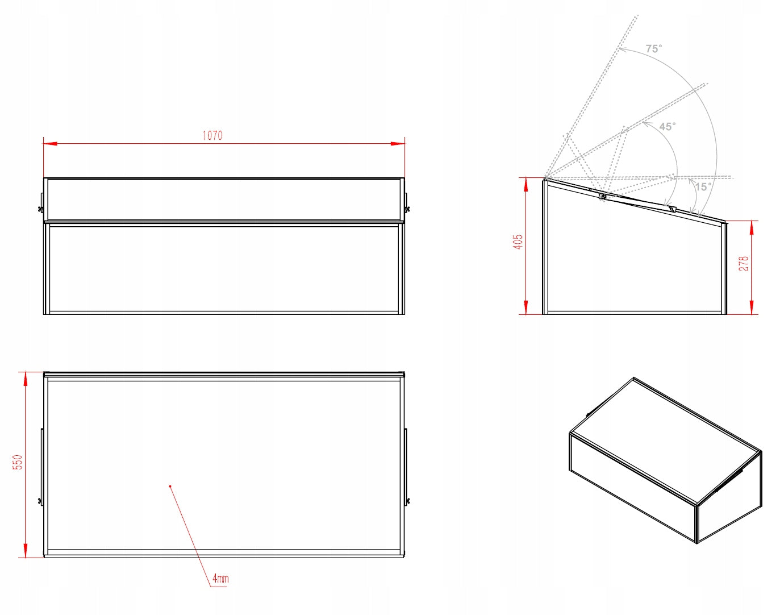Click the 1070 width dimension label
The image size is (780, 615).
[x=212, y=136]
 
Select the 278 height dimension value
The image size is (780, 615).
[x=744, y=263]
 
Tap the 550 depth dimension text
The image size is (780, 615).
[x=18, y=462]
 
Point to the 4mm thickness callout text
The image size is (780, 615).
[x=220, y=578]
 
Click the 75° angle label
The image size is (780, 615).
[x=654, y=48]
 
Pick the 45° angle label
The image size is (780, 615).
[x=668, y=127]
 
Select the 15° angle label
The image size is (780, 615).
[x=703, y=187]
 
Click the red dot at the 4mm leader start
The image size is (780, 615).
[x=170, y=487]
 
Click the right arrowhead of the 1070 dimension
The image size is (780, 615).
[x=398, y=144]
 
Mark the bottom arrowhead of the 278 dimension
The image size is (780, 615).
[x=752, y=307]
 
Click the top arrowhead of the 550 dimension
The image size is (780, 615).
[x=26, y=379]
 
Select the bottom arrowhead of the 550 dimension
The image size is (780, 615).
[x=26, y=550]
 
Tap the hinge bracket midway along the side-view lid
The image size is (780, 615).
[x=603, y=197]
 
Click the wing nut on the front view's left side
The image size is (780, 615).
[x=40, y=209]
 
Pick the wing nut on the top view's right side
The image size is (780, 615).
[x=407, y=501]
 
